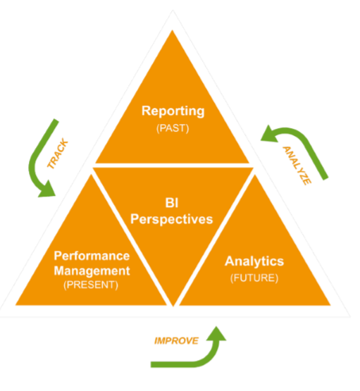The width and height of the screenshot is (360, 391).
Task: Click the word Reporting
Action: coord(173,111)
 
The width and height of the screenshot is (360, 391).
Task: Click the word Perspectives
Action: coord(173,219)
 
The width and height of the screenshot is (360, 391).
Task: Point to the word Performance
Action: coord(92,255)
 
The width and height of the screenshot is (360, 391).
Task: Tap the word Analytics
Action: coord(254,261)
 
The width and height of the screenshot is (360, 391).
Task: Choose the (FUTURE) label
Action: coord(254,278)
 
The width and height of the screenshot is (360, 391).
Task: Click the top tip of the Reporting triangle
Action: coord(173,31)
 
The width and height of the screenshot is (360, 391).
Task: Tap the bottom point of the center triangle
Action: coord(173,304)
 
